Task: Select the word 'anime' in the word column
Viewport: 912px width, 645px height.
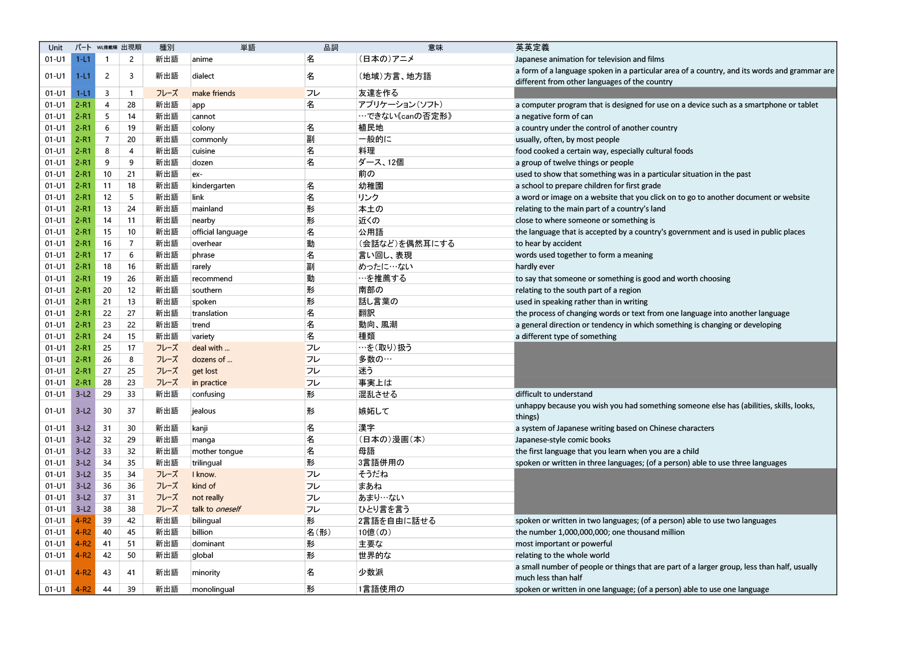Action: point(202,59)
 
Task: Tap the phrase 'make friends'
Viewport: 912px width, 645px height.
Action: point(214,93)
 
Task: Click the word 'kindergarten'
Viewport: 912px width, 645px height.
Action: point(213,185)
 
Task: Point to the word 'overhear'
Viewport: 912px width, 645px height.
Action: point(207,243)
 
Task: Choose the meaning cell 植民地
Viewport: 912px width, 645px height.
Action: point(371,128)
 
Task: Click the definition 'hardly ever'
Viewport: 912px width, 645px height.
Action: point(535,266)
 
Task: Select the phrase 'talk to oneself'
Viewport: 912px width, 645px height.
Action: point(216,509)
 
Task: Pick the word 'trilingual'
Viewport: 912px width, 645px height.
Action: point(207,463)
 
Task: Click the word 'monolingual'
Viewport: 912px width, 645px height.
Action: point(213,589)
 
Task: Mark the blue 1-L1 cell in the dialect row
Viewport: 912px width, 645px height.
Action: point(83,76)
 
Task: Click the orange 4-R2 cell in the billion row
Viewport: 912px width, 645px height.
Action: point(83,532)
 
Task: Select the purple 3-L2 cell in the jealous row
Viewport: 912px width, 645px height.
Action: point(83,411)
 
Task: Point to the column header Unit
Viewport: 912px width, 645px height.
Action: point(55,47)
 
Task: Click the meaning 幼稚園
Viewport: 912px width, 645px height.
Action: point(371,185)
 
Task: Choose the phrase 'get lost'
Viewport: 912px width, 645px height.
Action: point(205,371)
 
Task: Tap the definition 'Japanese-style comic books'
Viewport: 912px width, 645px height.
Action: point(563,439)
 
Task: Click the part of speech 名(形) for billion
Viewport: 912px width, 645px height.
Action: point(318,532)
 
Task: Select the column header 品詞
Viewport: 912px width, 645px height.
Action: point(331,47)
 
